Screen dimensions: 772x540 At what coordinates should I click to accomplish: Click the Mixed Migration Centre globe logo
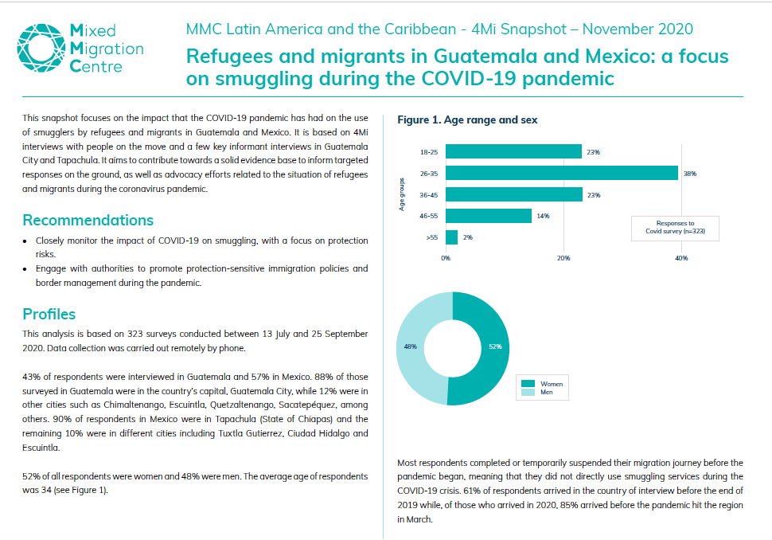pos(41,48)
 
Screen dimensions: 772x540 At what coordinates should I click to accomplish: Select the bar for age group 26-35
pos(562,173)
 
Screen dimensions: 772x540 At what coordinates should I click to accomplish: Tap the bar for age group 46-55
pos(489,216)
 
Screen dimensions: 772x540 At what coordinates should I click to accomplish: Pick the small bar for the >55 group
pos(451,237)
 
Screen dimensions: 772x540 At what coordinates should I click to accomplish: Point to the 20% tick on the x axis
pos(563,258)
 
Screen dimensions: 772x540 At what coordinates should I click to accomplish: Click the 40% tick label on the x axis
pos(681,258)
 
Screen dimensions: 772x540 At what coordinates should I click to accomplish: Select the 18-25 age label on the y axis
pos(429,152)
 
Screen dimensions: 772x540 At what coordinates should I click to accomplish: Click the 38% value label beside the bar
pos(690,174)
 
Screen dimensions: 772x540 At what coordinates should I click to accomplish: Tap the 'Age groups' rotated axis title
pos(402,194)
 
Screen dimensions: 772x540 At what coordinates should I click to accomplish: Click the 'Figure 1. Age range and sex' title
pos(467,119)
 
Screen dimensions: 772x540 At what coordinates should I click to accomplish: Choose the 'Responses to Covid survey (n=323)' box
pos(675,228)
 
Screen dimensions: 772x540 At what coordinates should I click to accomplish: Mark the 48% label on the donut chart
pos(410,347)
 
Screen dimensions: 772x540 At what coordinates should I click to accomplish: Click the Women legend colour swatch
pos(528,384)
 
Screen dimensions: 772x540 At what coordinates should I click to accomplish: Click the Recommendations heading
pos(88,221)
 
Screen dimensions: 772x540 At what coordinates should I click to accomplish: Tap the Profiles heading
pos(49,315)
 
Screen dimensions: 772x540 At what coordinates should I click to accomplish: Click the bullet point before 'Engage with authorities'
pos(25,269)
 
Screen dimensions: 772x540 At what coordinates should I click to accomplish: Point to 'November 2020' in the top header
pos(637,29)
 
